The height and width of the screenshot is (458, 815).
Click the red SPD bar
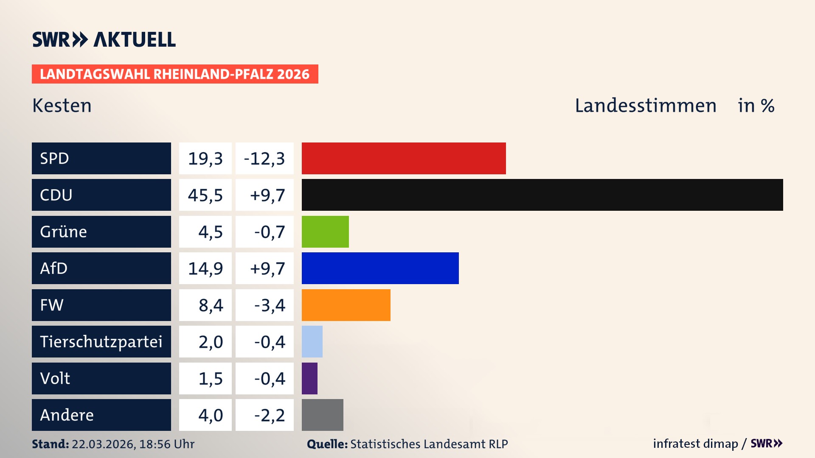pyautogui.click(x=403, y=158)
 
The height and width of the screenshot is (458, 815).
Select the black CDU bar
pyautogui.click(x=542, y=195)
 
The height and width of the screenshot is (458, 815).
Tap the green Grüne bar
pyautogui.click(x=325, y=232)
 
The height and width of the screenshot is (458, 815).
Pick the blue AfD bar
pyautogui.click(x=380, y=268)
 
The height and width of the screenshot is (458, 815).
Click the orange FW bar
pyautogui.click(x=346, y=305)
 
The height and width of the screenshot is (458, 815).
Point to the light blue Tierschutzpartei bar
pyautogui.click(x=312, y=341)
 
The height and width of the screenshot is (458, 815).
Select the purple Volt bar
pyautogui.click(x=309, y=378)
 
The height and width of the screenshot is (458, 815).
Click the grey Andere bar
pyautogui.click(x=322, y=415)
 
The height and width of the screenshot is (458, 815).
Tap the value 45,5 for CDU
pyautogui.click(x=205, y=195)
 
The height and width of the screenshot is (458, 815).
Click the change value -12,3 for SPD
pyautogui.click(x=264, y=158)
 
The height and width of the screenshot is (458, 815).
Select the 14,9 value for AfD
pyautogui.click(x=205, y=268)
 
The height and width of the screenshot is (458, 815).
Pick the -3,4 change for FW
pyautogui.click(x=269, y=305)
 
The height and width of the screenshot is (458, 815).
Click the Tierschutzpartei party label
pyautogui.click(x=101, y=341)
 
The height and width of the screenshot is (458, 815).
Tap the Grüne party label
pyautogui.click(x=64, y=232)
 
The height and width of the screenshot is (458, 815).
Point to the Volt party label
pyautogui.click(x=55, y=378)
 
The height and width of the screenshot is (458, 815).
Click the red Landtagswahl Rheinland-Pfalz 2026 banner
pyautogui.click(x=175, y=74)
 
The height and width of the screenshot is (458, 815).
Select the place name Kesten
pyautogui.click(x=62, y=106)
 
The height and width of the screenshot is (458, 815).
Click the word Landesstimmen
pyautogui.click(x=645, y=106)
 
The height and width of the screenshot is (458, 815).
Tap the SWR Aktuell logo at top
pyautogui.click(x=104, y=39)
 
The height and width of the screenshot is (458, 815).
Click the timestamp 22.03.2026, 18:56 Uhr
pyautogui.click(x=133, y=444)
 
